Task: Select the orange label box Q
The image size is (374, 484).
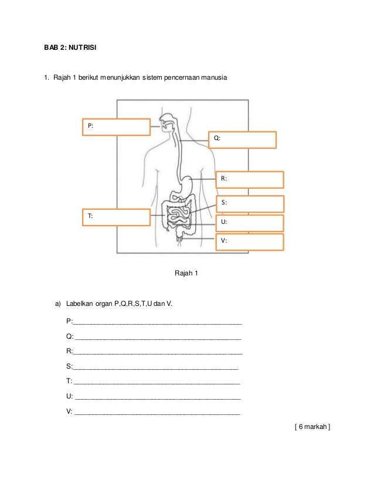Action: click(243, 139)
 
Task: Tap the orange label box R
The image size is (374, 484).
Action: click(250, 179)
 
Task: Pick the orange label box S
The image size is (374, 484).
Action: click(250, 203)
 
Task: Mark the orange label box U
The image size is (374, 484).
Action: click(250, 223)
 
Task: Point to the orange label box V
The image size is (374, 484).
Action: click(250, 241)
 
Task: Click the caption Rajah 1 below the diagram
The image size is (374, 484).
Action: click(187, 274)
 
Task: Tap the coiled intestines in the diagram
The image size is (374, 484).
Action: click(177, 216)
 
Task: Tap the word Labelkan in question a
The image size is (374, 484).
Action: click(80, 304)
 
